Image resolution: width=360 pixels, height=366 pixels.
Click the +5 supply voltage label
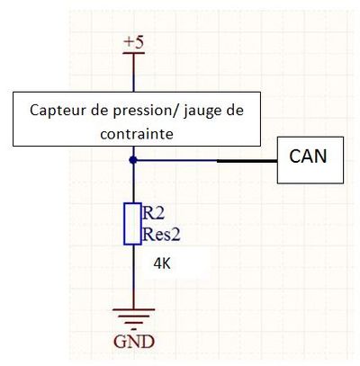point(134,42)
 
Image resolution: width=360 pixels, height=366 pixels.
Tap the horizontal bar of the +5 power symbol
point(134,53)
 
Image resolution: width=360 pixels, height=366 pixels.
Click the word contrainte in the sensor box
point(137,134)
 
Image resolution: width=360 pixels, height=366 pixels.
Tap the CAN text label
point(308,156)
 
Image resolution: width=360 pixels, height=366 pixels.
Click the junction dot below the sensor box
point(133,160)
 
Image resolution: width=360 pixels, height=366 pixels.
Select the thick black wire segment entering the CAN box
point(247,161)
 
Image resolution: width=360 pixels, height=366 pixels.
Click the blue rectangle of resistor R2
point(132,224)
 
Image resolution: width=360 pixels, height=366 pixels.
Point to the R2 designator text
point(154,213)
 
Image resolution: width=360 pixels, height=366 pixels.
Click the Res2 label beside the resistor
point(161,235)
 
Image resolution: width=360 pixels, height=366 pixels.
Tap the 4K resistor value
point(162,264)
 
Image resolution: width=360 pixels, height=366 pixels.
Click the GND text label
point(134,342)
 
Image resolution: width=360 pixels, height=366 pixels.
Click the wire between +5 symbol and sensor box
point(133,73)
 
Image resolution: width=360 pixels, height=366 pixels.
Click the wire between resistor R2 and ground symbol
point(133,277)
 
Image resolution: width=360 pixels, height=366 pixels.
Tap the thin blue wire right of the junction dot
point(177,161)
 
